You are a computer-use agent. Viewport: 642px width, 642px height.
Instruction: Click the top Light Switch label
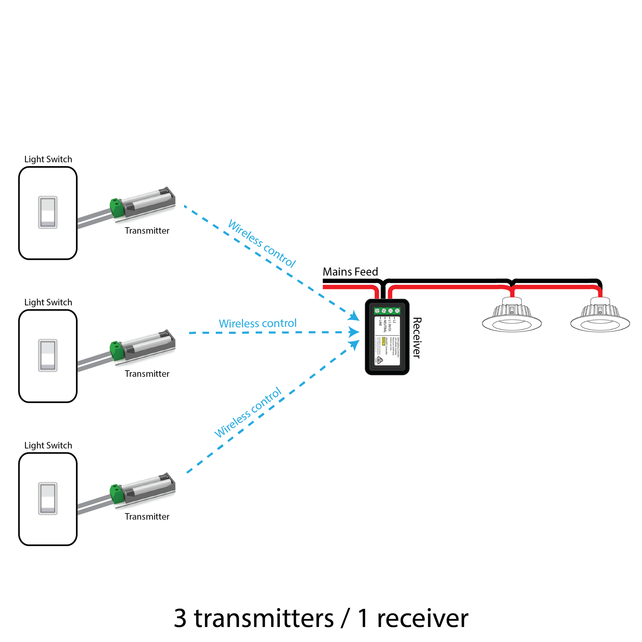[48, 159]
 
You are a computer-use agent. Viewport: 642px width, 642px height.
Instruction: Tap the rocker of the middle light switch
[48, 355]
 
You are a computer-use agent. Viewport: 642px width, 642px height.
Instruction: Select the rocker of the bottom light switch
[48, 498]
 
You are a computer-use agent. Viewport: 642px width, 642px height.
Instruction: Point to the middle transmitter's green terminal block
[117, 350]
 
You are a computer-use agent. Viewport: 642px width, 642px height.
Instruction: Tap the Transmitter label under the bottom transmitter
[147, 516]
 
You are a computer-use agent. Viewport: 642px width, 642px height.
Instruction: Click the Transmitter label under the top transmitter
[147, 231]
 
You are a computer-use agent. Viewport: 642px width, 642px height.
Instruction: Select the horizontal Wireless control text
[258, 323]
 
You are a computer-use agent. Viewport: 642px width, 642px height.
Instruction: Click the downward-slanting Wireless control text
[262, 244]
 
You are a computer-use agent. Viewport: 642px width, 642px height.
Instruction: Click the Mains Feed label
[350, 272]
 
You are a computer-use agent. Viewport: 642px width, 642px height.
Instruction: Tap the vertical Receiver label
[417, 338]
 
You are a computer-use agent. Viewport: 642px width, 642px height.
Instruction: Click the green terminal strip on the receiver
[387, 311]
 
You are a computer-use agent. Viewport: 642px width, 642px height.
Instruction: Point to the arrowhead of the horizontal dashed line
[354, 332]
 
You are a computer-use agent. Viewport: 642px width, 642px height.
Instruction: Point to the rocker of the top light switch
[48, 212]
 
